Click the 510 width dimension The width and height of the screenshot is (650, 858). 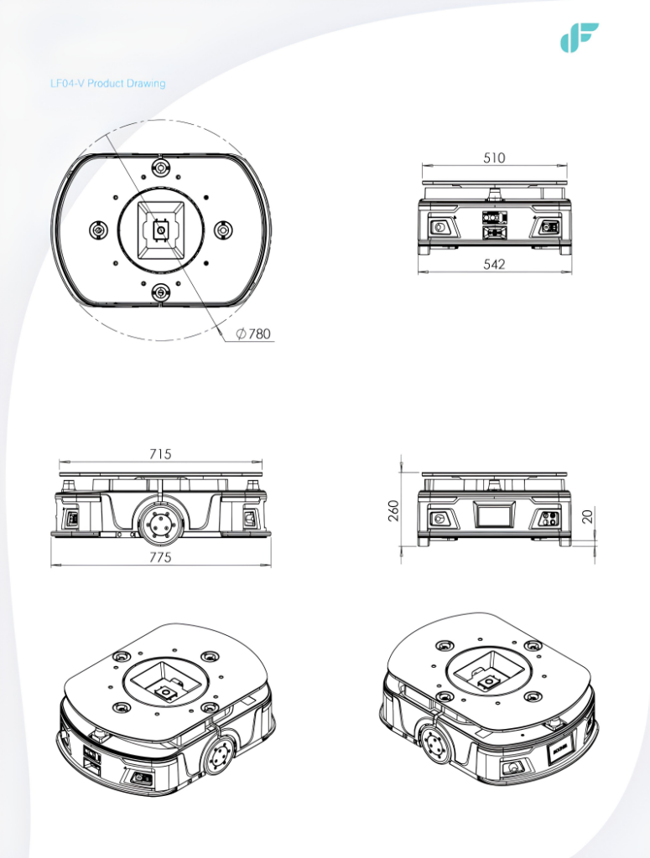(x=494, y=158)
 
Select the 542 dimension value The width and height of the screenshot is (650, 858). (x=494, y=264)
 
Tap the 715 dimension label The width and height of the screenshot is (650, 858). (x=160, y=453)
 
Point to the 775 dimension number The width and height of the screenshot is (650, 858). (x=160, y=557)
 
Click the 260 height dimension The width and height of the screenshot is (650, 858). (x=393, y=510)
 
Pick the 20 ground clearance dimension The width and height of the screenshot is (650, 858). (x=588, y=516)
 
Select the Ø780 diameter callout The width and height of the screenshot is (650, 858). (x=253, y=333)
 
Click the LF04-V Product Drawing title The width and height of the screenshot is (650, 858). (x=108, y=83)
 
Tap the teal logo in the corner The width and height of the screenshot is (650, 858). (x=579, y=37)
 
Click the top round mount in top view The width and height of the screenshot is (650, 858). (x=160, y=167)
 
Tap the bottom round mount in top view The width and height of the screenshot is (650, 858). (x=160, y=292)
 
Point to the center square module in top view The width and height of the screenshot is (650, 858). (x=161, y=230)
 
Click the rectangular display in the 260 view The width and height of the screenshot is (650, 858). (x=494, y=515)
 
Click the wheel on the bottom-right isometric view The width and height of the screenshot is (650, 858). (x=434, y=745)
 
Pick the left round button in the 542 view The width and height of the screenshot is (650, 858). (x=439, y=226)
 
